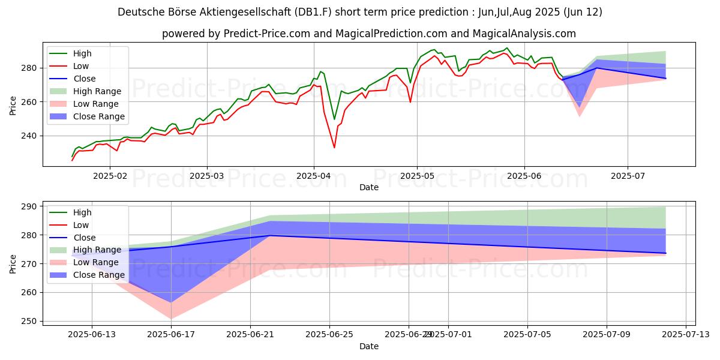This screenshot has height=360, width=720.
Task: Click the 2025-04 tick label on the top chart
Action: click(x=313, y=176)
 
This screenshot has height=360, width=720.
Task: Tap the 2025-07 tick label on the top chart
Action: click(x=628, y=176)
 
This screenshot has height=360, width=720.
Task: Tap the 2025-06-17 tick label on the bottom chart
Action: click(x=171, y=335)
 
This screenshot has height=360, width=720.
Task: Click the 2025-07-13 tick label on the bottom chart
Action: click(x=686, y=335)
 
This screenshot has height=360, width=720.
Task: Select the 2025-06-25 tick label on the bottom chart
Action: click(x=329, y=335)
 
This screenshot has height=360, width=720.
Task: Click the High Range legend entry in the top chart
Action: click(x=98, y=91)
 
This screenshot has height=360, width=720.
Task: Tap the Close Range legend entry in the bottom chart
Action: click(x=100, y=275)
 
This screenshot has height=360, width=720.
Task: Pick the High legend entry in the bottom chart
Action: click(x=83, y=212)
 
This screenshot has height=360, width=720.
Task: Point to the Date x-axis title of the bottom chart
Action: click(x=368, y=346)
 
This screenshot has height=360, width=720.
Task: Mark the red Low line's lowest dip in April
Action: click(x=334, y=148)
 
